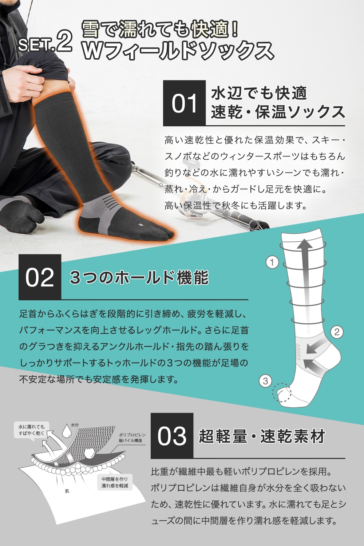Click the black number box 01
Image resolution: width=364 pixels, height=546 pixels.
click(x=184, y=103)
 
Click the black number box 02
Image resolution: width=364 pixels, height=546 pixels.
click(x=40, y=277)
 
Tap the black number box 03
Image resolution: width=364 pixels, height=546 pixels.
click(x=172, y=436)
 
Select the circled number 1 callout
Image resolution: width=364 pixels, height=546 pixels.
click(x=272, y=262)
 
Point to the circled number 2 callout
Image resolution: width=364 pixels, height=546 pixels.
click(x=337, y=332)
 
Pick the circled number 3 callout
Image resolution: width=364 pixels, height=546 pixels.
click(x=265, y=381)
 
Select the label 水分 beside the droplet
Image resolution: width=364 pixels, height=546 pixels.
click(x=75, y=425)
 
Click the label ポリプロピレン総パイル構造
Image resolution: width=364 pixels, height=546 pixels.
click(x=132, y=438)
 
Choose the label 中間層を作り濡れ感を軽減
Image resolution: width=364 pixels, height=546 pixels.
click(x=115, y=482)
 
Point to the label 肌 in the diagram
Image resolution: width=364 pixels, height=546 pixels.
click(x=67, y=491)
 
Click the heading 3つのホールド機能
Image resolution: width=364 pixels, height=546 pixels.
click(x=139, y=277)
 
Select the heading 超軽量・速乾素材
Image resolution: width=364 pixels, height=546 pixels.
click(x=262, y=436)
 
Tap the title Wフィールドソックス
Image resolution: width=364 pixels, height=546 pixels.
click(x=178, y=51)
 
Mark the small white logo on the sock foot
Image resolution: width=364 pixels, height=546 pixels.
click(x=140, y=224)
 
